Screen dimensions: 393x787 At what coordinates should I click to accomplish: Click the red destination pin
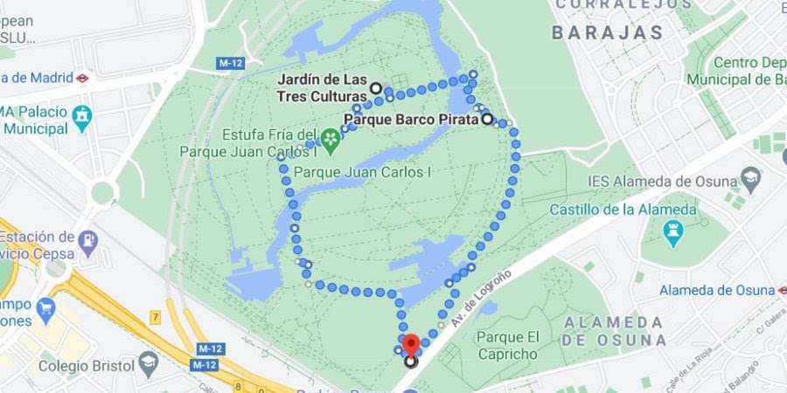pos(411,342)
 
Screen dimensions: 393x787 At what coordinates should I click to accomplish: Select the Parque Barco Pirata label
pos(410,119)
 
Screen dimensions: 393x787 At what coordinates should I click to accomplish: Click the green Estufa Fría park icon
pos(330,138)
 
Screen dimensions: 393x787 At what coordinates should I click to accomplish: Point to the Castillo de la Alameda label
pos(623,210)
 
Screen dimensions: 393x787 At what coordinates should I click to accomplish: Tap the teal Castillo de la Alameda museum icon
pos(672,231)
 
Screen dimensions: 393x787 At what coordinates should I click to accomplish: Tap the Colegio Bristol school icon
pos(149,363)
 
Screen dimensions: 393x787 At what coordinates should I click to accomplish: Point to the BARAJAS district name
pos(608,33)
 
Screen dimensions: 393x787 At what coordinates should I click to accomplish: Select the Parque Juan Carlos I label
pos(364,172)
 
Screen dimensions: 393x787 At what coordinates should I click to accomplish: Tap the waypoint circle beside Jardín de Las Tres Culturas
pos(376,88)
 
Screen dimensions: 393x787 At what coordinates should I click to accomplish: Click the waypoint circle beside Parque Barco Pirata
pos(486,120)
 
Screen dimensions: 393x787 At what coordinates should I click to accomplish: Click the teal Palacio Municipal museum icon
pos(83,114)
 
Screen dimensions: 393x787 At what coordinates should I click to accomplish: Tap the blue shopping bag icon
pos(45,307)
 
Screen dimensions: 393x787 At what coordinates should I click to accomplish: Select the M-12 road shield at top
pos(230,63)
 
